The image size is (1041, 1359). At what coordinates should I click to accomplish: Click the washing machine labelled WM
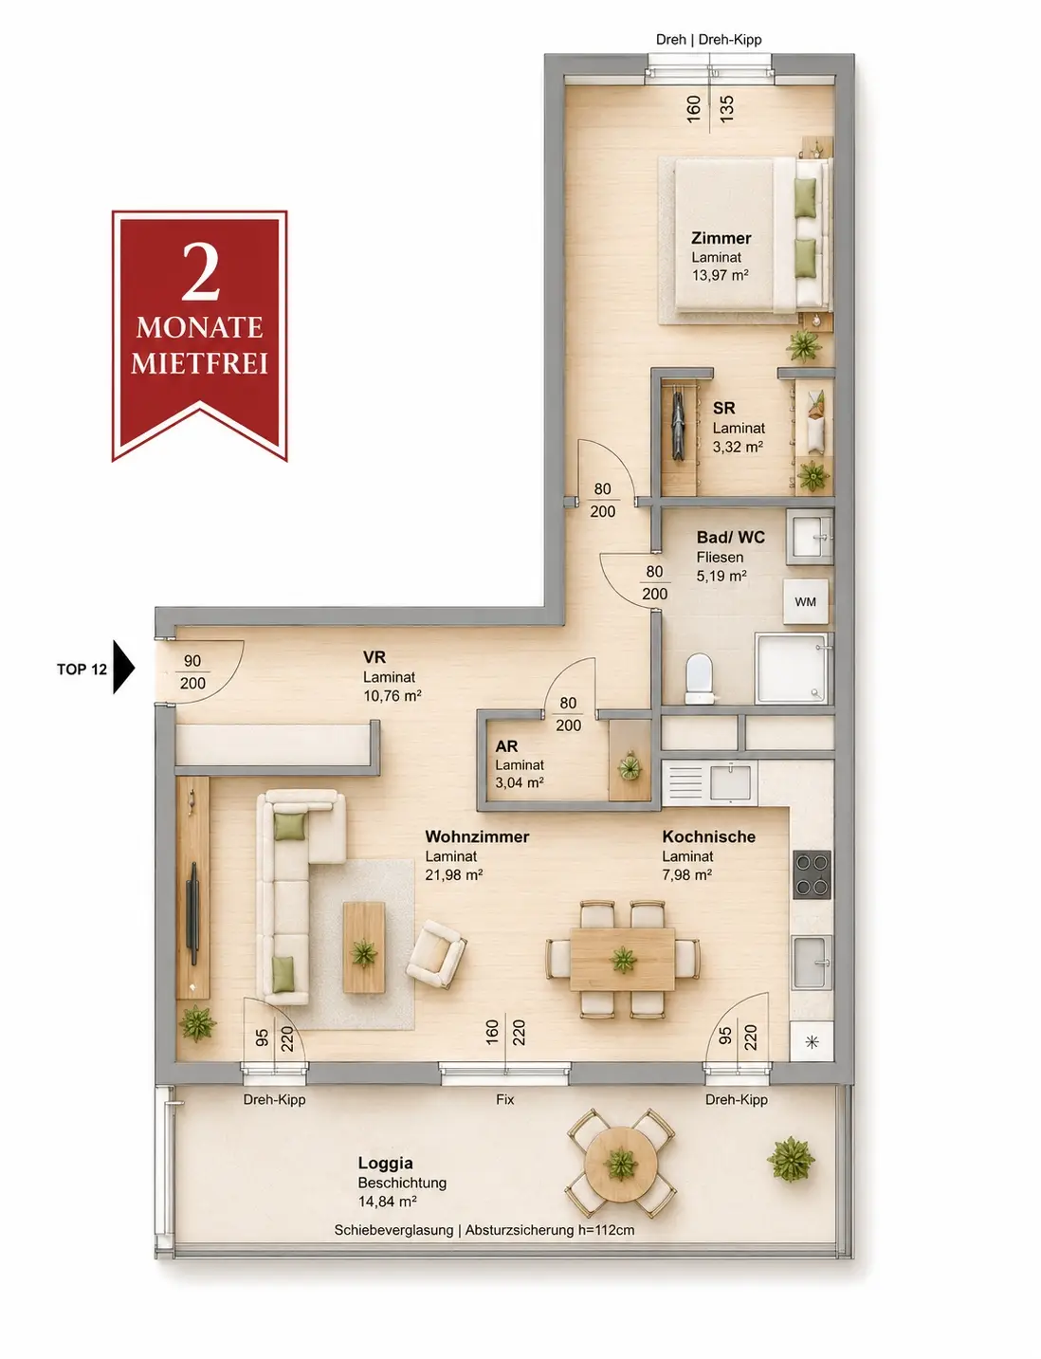805,601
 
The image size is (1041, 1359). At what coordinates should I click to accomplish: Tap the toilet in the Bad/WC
699,679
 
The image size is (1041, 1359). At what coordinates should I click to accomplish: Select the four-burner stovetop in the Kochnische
813,875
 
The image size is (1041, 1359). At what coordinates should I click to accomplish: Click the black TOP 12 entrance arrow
124,668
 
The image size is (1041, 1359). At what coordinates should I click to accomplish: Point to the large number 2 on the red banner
201,271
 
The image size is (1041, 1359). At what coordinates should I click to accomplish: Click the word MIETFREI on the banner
199,363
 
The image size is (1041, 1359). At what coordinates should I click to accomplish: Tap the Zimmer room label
721,238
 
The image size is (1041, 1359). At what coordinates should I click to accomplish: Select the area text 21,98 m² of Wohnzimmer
454,875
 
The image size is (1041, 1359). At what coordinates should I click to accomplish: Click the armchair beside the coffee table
436,954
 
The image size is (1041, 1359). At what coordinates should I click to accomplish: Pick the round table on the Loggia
621,1164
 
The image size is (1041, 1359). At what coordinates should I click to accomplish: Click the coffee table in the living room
364,946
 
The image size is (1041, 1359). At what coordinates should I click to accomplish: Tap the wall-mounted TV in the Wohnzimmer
193,913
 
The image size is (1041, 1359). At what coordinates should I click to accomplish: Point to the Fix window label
505,1099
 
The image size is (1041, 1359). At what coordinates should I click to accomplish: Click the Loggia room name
385,1164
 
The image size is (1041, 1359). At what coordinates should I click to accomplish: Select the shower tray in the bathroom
793,669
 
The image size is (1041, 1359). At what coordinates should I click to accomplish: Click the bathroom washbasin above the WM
810,537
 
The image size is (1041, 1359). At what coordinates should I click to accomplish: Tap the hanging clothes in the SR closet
678,423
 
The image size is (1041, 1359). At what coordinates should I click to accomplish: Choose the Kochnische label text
709,836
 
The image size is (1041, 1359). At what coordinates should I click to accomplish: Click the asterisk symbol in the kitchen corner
812,1042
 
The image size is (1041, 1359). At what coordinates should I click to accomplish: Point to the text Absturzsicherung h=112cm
550,1230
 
